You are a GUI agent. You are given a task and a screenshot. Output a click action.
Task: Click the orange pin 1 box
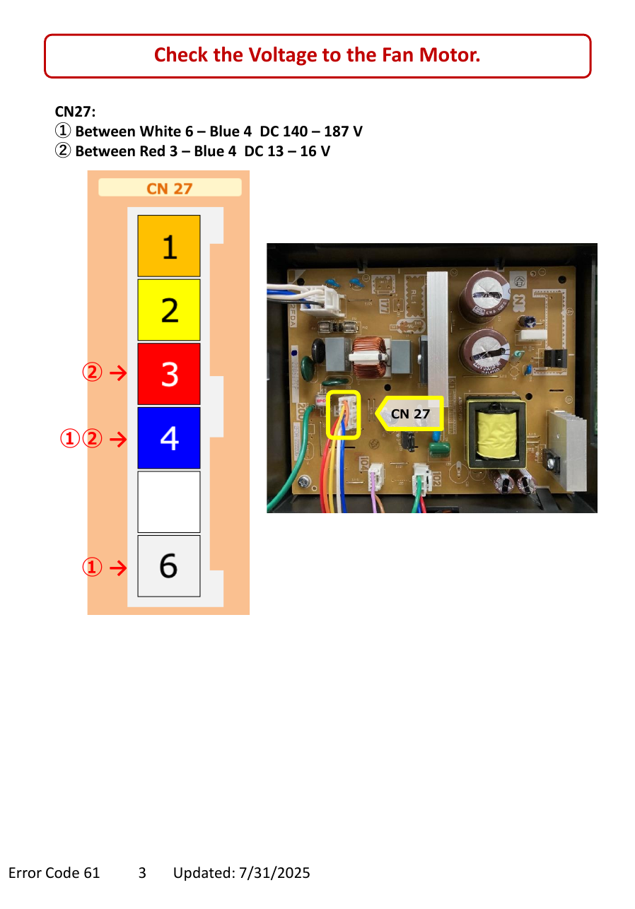click(168, 245)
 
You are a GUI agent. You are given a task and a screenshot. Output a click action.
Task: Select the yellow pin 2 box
click(168, 310)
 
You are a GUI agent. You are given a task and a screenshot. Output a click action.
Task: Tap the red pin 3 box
click(168, 374)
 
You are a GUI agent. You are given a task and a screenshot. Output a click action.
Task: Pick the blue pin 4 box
click(168, 438)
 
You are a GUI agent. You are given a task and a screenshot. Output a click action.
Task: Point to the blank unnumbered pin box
click(168, 502)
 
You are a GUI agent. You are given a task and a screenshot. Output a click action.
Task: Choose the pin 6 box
click(168, 565)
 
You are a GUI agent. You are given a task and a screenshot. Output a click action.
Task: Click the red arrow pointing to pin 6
click(118, 568)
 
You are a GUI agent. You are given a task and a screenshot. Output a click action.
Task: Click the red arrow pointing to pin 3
click(118, 373)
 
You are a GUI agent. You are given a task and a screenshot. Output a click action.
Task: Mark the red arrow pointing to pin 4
click(118, 439)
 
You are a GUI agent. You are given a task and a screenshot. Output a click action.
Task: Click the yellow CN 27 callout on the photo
click(409, 414)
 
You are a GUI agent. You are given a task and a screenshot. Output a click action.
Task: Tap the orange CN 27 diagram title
click(169, 189)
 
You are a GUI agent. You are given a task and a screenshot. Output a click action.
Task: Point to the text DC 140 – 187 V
click(311, 131)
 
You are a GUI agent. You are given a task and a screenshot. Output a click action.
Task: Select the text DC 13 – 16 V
click(287, 151)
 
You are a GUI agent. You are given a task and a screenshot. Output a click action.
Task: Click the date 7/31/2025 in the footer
click(274, 873)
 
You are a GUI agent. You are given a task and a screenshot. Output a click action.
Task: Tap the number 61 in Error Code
click(92, 873)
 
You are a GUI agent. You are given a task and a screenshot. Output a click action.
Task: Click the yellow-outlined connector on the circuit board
click(343, 414)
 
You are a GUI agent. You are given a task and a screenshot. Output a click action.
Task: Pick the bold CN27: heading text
click(75, 111)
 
